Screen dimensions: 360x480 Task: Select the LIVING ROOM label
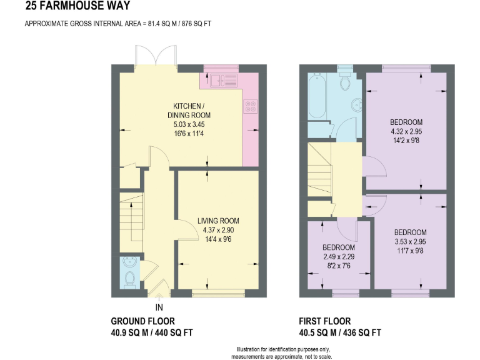[x=217, y=221]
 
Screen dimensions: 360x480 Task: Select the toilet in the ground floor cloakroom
[x=130, y=276]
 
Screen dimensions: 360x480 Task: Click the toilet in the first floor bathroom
[x=344, y=81]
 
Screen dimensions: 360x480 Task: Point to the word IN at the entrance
[x=159, y=307]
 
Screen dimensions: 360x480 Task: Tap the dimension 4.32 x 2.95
[x=406, y=131]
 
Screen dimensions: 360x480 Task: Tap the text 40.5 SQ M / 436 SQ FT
[x=340, y=332]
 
